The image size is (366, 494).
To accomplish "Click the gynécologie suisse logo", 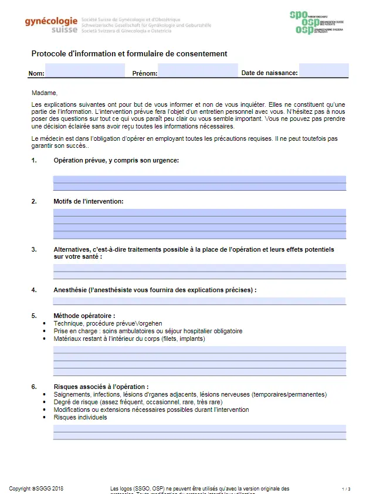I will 52,24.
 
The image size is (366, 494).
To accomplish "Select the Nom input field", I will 85,72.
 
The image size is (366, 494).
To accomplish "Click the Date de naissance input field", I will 323,72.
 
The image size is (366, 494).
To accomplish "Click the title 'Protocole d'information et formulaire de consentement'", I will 129,54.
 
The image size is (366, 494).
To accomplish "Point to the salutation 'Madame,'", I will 44,93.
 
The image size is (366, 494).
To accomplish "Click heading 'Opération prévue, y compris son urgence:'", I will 116,160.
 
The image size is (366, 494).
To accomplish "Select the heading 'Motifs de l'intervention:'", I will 89,201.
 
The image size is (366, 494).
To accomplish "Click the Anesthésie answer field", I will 199,301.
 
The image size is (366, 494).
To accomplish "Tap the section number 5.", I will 34,316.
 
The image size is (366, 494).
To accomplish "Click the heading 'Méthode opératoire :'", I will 84,316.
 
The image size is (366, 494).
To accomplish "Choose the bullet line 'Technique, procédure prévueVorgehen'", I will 108,323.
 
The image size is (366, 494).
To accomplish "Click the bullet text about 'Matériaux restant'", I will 129,339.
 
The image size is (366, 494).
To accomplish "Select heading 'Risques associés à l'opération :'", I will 101,387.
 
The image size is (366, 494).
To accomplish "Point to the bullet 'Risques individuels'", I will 80,417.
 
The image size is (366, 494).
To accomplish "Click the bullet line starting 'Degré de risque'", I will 138,402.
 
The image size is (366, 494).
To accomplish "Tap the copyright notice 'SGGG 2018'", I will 36,488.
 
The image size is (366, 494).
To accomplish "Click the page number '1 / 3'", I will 346,488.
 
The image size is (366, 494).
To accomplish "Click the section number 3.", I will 34,249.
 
